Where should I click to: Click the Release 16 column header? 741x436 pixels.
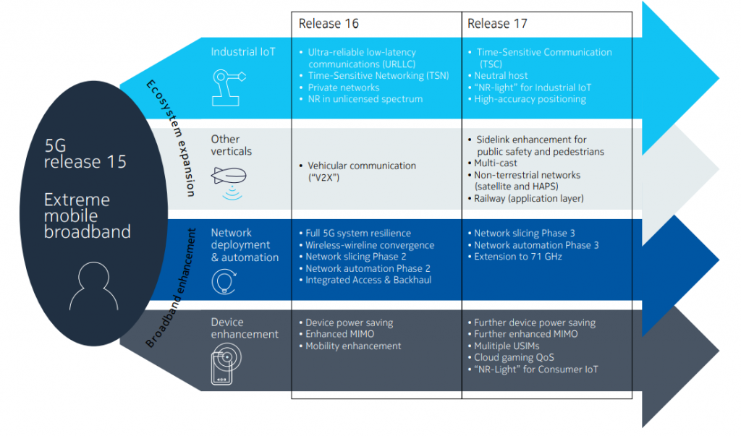(x=329, y=24)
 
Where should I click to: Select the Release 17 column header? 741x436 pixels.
(x=497, y=24)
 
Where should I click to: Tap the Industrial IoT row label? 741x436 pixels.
(x=243, y=52)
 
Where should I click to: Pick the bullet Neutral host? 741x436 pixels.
(x=501, y=75)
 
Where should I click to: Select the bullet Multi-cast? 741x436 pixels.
(x=496, y=163)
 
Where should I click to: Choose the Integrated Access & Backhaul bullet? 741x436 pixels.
(x=368, y=280)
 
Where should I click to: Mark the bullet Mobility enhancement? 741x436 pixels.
(x=353, y=346)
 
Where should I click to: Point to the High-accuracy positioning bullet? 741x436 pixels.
(x=530, y=99)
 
